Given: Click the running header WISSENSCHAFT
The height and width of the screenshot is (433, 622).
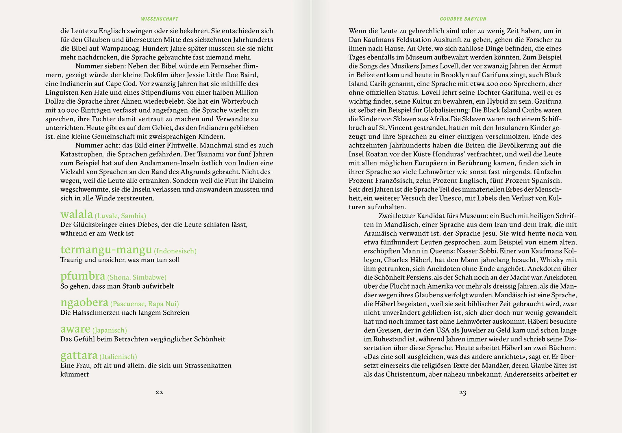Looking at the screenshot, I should point(160,19).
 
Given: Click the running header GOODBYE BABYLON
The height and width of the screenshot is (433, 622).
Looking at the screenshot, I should point(463,19).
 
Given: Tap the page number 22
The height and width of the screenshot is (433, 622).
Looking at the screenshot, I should point(159,392).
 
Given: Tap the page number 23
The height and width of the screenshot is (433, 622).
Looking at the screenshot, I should point(462,392).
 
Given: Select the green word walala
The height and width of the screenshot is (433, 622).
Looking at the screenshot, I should point(77,214).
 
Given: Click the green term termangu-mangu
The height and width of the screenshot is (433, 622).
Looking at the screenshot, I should point(106,249).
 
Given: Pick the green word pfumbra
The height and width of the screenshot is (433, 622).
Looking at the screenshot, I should point(83,276).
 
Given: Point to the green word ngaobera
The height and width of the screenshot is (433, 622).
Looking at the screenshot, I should point(84,302).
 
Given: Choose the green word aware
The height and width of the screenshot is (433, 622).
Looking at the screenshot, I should point(75,329).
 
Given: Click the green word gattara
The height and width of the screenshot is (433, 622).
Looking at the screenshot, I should point(79,355).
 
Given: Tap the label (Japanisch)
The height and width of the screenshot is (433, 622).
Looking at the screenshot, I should point(110,330).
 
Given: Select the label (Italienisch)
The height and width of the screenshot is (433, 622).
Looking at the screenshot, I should point(118,357).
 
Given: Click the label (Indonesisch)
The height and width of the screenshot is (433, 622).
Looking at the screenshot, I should point(175,251).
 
